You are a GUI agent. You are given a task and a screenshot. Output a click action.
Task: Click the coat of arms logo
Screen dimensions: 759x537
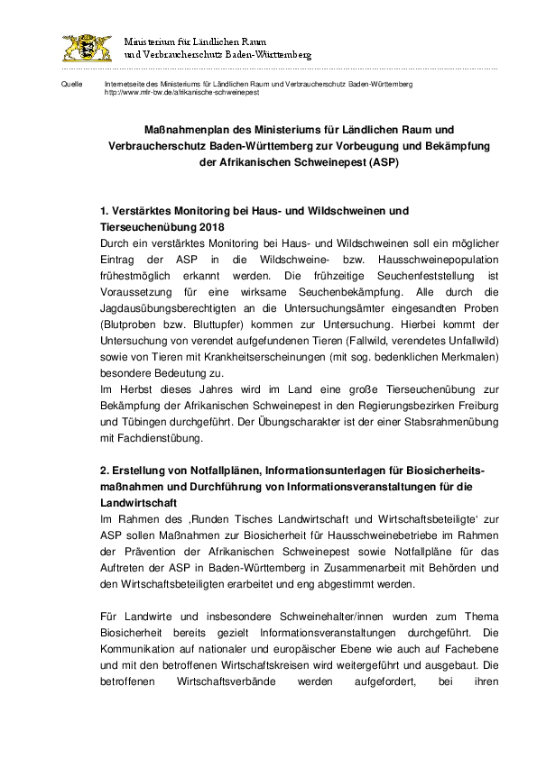click(x=87, y=48)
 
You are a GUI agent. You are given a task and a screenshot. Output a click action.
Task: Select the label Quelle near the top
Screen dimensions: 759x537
click(x=69, y=84)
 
